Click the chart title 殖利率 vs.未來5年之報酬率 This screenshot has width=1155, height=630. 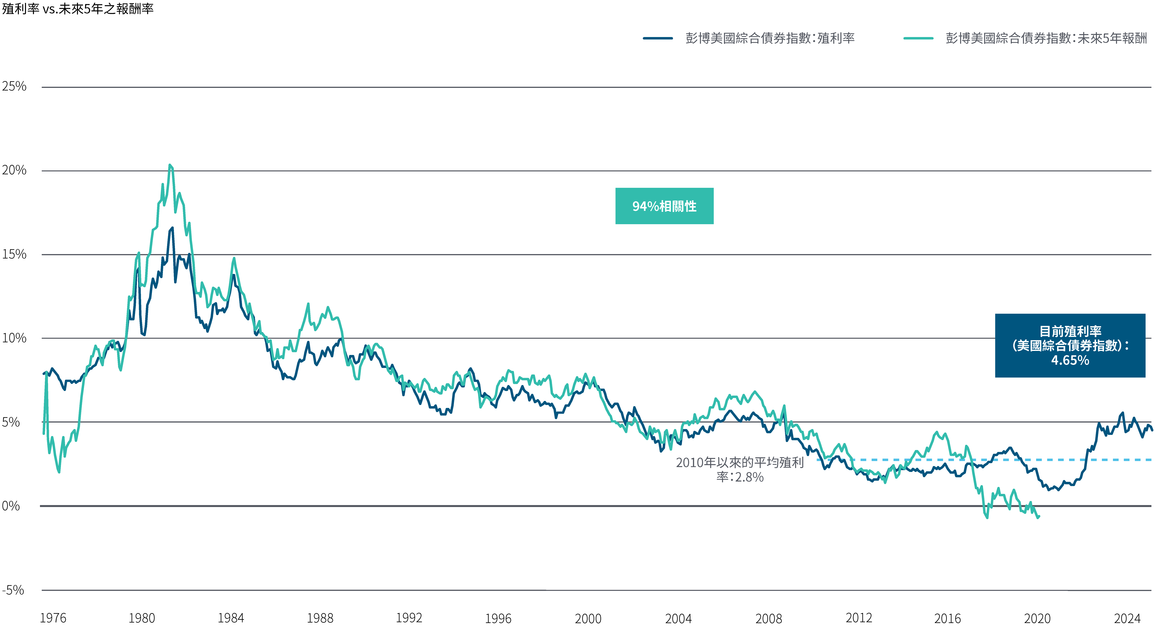click(78, 9)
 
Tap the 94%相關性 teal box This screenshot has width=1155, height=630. click(664, 206)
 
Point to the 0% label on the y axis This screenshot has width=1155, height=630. click(11, 506)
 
